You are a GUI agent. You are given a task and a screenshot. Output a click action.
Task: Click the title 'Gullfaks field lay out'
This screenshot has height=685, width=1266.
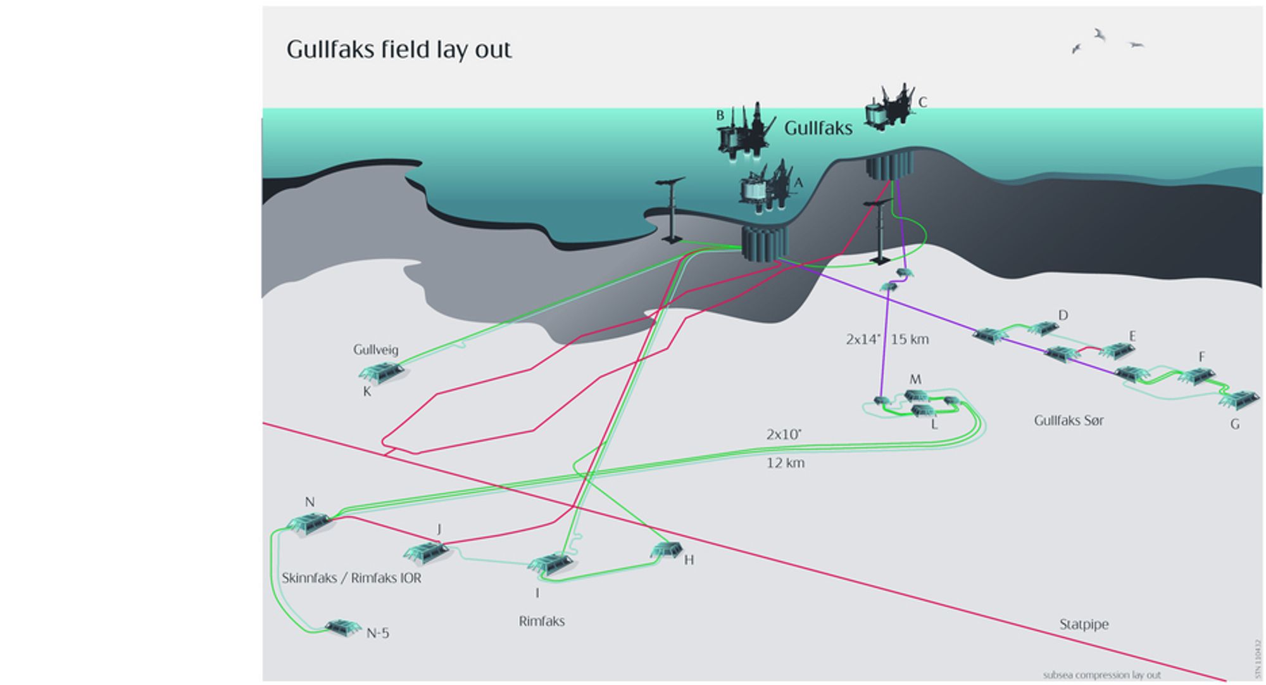[399, 49]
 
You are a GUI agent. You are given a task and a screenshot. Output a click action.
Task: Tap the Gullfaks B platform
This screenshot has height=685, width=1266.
[744, 133]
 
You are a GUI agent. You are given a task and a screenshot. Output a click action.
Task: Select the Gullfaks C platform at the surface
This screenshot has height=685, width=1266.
[889, 108]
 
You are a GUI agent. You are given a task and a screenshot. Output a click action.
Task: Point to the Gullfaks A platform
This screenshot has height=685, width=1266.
[766, 187]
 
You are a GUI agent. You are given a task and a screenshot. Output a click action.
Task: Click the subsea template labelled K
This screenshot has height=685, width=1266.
[382, 372]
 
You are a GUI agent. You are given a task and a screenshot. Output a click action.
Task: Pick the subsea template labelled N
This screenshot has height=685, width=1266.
[310, 524]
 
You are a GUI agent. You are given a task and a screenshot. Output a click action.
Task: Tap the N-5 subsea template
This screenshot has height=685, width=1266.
[342, 628]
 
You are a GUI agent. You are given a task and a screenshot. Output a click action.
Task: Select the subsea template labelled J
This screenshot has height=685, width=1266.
[426, 553]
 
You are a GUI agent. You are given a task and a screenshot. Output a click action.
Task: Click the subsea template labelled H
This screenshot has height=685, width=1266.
[667, 549]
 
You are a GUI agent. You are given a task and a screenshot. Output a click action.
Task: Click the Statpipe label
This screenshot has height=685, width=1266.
[1084, 624]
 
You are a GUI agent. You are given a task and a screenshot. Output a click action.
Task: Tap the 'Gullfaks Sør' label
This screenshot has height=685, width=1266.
[1069, 420]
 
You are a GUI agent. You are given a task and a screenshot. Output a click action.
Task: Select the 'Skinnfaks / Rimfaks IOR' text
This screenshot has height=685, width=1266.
[351, 578]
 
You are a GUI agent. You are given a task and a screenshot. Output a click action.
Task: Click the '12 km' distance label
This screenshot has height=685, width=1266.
[785, 463]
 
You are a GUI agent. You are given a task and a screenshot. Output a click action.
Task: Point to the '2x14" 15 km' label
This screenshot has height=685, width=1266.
[887, 339]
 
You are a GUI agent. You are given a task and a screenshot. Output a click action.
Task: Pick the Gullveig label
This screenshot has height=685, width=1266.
[375, 349]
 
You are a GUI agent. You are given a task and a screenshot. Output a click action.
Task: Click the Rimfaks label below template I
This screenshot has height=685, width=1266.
[541, 621]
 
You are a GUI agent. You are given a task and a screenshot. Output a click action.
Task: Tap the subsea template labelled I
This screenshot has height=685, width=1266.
[550, 563]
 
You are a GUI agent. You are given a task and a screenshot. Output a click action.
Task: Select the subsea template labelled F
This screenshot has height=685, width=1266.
[1196, 376]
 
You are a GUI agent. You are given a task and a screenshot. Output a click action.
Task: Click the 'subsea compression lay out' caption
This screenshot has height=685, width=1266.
[1101, 675]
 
